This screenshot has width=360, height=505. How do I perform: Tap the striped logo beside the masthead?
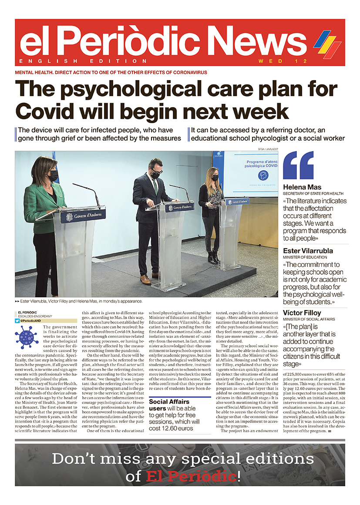pyautogui.click(x=327, y=44)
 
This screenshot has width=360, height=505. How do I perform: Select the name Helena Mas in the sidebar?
pyautogui.click(x=302, y=187)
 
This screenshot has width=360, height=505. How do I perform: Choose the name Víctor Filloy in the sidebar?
pyautogui.click(x=302, y=313)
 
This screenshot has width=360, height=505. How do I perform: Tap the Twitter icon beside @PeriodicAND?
pyautogui.click(x=17, y=320)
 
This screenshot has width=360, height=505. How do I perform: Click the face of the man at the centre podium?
pyautogui.click(x=155, y=169)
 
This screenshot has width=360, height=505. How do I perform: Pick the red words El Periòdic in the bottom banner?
pyautogui.click(x=192, y=477)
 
